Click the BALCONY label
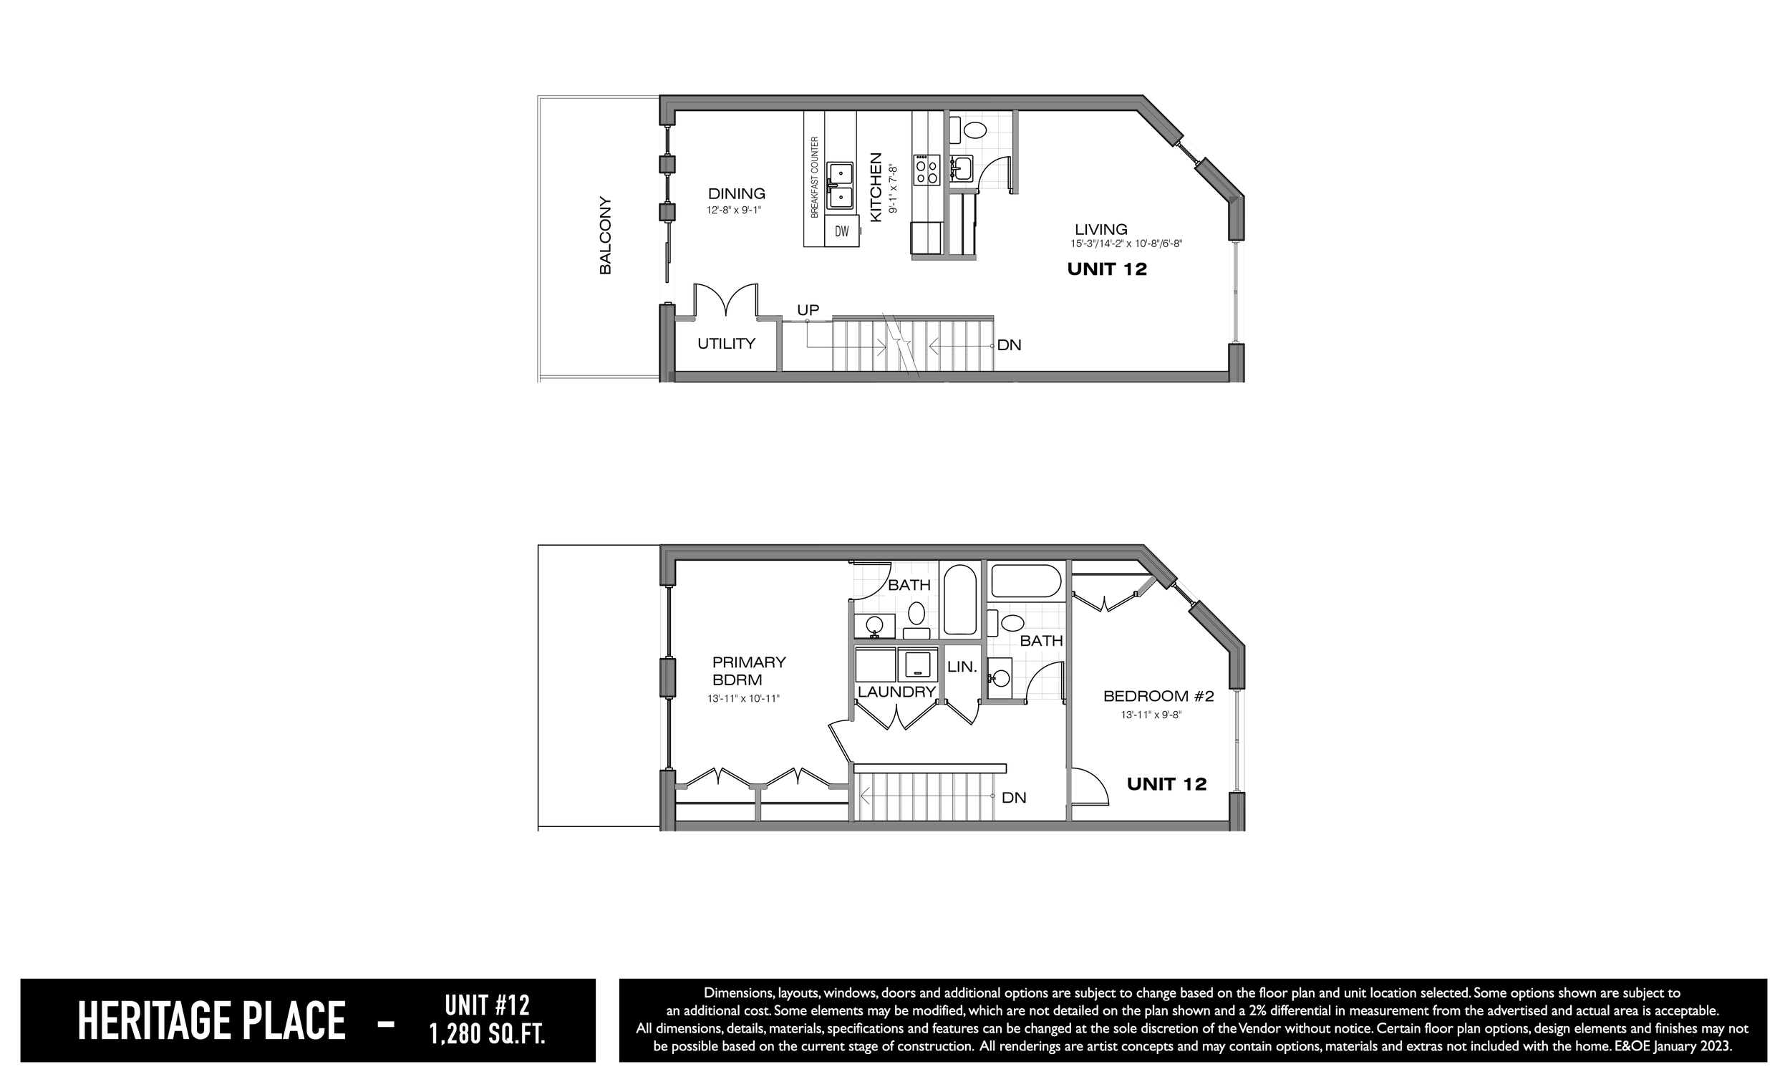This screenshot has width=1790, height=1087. pyautogui.click(x=605, y=236)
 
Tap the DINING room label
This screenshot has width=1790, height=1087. pyautogui.click(x=737, y=193)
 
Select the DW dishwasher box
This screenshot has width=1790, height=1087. pyautogui.click(x=842, y=231)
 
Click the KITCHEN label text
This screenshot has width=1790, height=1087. pyautogui.click(x=876, y=187)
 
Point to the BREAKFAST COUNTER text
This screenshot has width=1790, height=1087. pyautogui.click(x=814, y=178)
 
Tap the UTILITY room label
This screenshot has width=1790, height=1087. pyautogui.click(x=727, y=344)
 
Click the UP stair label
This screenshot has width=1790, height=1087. pyautogui.click(x=808, y=310)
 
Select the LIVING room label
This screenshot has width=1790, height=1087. pyautogui.click(x=1101, y=230)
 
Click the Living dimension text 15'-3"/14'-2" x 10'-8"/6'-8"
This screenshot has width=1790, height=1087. pyautogui.click(x=1126, y=244)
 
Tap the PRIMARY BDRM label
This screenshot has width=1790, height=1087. pyautogui.click(x=749, y=672)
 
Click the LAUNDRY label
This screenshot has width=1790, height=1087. pyautogui.click(x=896, y=692)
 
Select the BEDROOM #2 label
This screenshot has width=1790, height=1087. pyautogui.click(x=1158, y=697)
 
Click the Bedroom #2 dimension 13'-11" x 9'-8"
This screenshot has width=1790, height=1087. pyautogui.click(x=1151, y=715)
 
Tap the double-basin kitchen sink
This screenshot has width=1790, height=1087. pyautogui.click(x=841, y=186)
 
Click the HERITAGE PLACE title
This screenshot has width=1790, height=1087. pyautogui.click(x=211, y=1021)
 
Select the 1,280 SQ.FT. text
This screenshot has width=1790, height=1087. pyautogui.click(x=487, y=1034)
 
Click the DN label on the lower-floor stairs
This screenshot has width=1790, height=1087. pyautogui.click(x=1014, y=798)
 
